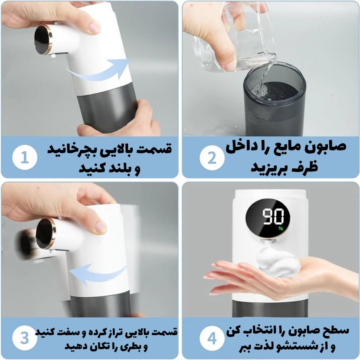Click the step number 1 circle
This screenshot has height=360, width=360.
[24, 158]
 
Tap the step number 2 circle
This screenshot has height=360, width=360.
[212, 158]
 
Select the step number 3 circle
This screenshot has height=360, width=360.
[24, 338]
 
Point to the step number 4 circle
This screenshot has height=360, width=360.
[212, 338]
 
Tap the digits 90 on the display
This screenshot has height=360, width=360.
[273, 216]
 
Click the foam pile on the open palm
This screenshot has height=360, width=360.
[278, 262]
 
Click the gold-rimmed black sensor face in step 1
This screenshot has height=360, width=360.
[43, 40]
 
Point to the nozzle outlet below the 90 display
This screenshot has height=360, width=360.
[268, 241]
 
